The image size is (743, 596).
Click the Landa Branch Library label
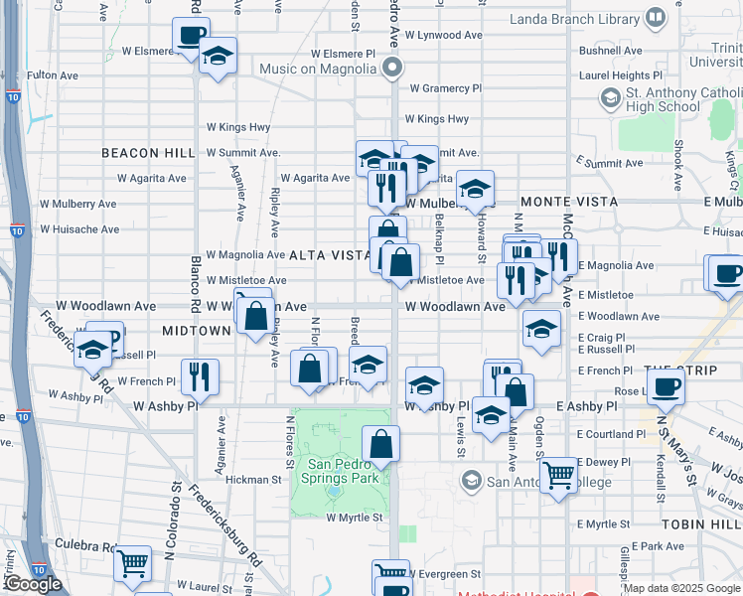(x=575, y=18)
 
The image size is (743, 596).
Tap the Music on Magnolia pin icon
(x=392, y=69)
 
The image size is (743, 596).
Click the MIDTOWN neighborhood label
(x=197, y=330)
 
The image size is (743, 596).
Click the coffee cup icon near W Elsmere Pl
(x=191, y=36)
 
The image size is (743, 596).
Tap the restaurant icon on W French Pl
(x=200, y=375)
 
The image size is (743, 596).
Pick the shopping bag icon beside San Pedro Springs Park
(x=380, y=444)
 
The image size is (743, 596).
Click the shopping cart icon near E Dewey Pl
(x=558, y=474)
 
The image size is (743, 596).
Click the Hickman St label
(x=253, y=479)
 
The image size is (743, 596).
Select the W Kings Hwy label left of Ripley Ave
(x=238, y=127)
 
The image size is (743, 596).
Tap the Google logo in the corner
(x=32, y=584)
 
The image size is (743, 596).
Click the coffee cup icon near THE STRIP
(x=665, y=386)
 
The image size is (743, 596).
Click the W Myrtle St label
(x=355, y=518)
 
